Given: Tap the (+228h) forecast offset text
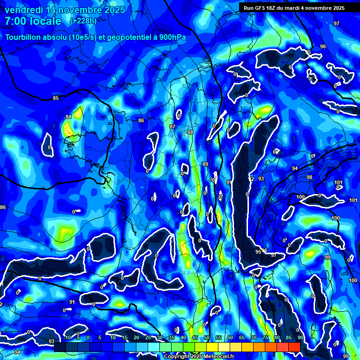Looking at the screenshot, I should (x=83, y=21).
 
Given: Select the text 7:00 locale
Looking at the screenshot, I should (x=33, y=21).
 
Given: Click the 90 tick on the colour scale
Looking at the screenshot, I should (x=300, y=338).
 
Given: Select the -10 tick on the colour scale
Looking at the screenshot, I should (x=67, y=338).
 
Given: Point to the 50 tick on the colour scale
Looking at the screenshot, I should (x=206, y=338).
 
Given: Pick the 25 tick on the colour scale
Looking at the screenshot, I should (x=148, y=338).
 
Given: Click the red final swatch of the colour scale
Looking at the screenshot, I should (x=294, y=346).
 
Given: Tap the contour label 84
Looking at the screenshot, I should (x=68, y=117).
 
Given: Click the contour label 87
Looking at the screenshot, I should (x=172, y=127).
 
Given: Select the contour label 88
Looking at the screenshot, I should (x=190, y=133).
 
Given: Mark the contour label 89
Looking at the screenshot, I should (x=205, y=164).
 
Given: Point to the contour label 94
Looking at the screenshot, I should (x=294, y=168).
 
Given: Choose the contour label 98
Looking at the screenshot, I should (x=309, y=177).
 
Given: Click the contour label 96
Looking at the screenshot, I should (x=322, y=46).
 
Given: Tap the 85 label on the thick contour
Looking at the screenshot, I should (x=56, y=98).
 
